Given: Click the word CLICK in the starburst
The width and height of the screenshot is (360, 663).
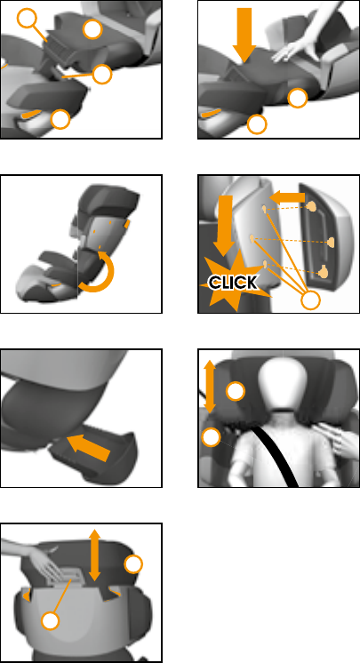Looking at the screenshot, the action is point(233,283).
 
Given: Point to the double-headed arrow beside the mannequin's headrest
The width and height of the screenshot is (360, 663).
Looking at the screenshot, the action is point(210,387).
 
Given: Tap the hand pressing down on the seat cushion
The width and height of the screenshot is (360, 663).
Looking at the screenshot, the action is point(296,47).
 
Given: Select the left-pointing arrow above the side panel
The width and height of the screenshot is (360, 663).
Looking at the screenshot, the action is point(287,197).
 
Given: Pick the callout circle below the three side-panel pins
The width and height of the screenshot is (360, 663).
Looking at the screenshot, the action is point(310,300).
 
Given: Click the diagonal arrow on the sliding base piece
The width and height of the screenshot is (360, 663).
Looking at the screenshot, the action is point(88,448).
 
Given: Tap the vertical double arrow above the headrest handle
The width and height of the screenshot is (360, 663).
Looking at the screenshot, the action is point(94,555).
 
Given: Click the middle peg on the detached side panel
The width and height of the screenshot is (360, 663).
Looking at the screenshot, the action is point(332,243).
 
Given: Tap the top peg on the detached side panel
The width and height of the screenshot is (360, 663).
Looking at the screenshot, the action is point(312,207).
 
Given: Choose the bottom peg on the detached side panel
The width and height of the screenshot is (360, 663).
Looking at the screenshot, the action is point(324,271).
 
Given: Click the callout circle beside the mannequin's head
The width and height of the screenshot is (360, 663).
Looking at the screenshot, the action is point(236,391).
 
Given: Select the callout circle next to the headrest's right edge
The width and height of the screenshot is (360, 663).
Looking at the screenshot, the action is point(133,564).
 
